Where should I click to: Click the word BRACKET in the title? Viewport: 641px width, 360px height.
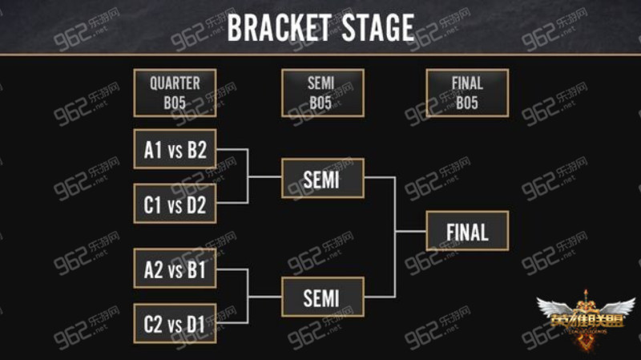pyautogui.click(x=279, y=28)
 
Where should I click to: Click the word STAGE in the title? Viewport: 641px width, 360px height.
pyautogui.click(x=378, y=28)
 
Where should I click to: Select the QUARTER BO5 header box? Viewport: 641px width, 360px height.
pyautogui.click(x=175, y=93)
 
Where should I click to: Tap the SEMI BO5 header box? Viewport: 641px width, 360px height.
pyautogui.click(x=323, y=93)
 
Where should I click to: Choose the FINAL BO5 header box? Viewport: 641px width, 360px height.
pyautogui.click(x=467, y=93)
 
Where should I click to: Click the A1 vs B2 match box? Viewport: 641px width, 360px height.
pyautogui.click(x=175, y=149)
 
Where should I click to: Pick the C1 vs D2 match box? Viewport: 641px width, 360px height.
pyautogui.click(x=175, y=204)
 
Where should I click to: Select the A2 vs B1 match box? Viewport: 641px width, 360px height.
pyautogui.click(x=175, y=269)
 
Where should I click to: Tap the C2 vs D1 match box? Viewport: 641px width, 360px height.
pyautogui.click(x=175, y=323)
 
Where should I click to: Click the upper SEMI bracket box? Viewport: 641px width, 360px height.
pyautogui.click(x=323, y=178)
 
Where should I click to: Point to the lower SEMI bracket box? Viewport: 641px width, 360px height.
pyautogui.click(x=323, y=297)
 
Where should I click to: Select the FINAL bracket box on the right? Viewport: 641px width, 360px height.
pyautogui.click(x=467, y=231)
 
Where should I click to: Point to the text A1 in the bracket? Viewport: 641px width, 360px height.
pyautogui.click(x=153, y=150)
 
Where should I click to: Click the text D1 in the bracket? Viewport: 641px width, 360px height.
pyautogui.click(x=196, y=325)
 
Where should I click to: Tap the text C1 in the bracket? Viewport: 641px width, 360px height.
pyautogui.click(x=152, y=204)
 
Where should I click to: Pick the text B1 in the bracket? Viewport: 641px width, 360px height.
pyautogui.click(x=196, y=270)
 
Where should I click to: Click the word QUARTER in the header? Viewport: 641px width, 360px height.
pyautogui.click(x=175, y=83)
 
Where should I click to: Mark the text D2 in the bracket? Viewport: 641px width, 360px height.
pyautogui.click(x=196, y=204)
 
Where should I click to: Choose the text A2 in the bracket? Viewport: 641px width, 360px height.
pyautogui.click(x=154, y=270)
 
